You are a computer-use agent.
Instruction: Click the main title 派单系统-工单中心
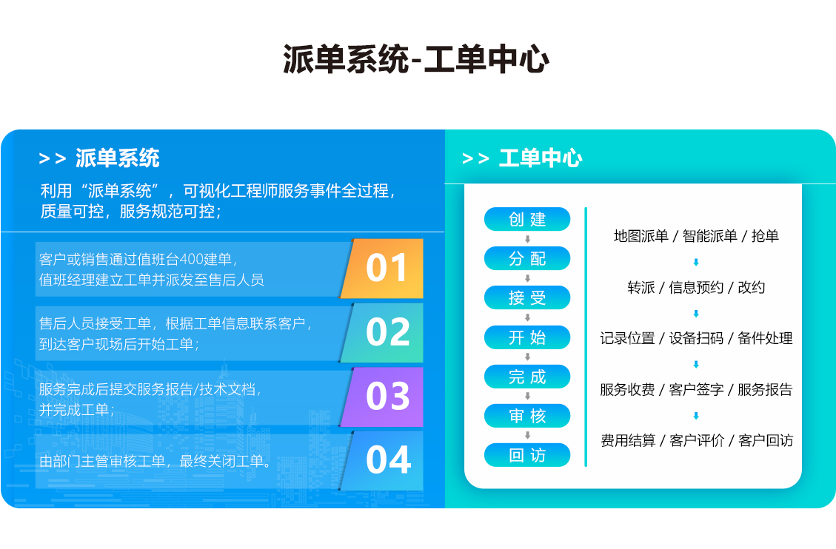coord(416,59)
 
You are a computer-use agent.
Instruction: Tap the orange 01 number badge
coord(383,269)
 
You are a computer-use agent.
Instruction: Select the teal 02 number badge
coord(383,333)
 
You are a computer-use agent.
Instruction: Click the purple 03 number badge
coord(383,397)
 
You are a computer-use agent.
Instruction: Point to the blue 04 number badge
coord(383,461)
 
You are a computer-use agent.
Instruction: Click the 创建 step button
coord(527,219)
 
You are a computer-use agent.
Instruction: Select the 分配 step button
coord(527,258)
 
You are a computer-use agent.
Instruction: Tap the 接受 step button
coord(527,297)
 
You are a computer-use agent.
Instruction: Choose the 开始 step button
coord(527,337)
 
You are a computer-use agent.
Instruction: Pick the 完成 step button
coord(527,377)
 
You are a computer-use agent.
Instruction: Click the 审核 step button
coord(527,415)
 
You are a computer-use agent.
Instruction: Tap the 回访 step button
coord(527,455)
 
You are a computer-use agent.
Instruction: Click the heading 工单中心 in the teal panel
coord(541,158)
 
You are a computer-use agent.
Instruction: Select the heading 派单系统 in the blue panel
coord(117,158)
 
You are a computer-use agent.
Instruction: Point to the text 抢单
coord(765,236)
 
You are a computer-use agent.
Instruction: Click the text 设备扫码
coord(696,338)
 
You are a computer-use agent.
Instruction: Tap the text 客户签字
coord(696,389)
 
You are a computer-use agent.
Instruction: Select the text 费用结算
coord(628,440)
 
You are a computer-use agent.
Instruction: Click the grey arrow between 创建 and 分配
coord(527,239)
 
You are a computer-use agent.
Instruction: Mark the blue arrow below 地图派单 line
coord(696,262)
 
